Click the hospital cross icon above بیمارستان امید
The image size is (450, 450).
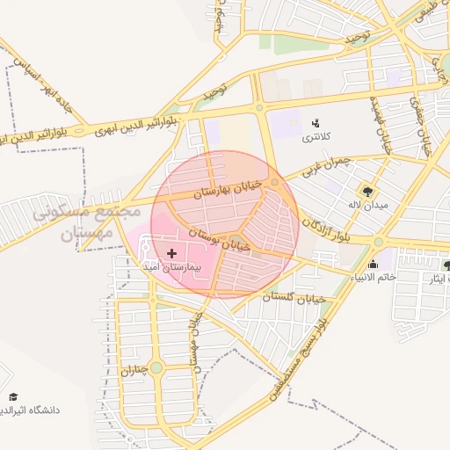(x=171, y=253)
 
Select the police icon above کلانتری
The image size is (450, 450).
(x=315, y=123)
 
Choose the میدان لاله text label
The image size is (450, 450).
(x=363, y=205)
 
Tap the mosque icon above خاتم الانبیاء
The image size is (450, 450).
(x=373, y=264)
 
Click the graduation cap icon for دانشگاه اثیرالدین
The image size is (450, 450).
(x=12, y=397)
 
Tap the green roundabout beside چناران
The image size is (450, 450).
(x=156, y=367)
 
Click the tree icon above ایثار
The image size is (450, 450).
(x=446, y=265)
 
